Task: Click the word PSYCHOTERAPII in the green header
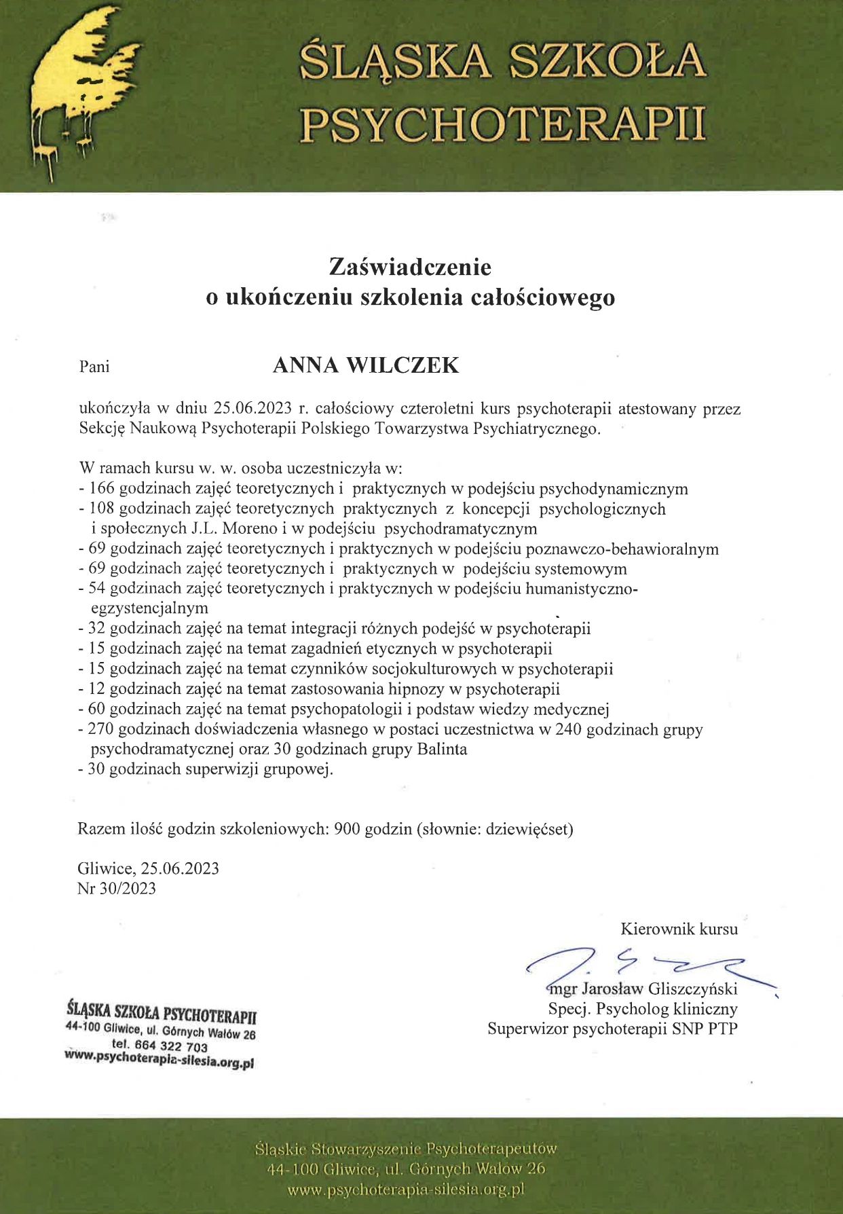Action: pyautogui.click(x=503, y=124)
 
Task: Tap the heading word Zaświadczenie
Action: pyautogui.click(x=410, y=267)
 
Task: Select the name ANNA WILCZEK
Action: pyautogui.click(x=366, y=365)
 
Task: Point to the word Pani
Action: pyautogui.click(x=94, y=367)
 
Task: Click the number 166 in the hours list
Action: pyautogui.click(x=102, y=489)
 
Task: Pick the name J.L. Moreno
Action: pyautogui.click(x=234, y=528)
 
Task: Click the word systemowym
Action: pyautogui.click(x=578, y=569)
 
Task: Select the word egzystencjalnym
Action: pyautogui.click(x=149, y=608)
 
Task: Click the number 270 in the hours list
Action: pyautogui.click(x=102, y=730)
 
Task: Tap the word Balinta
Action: pyautogui.click(x=442, y=750)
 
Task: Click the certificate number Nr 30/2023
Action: pyautogui.click(x=117, y=889)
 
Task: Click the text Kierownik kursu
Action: pyautogui.click(x=679, y=929)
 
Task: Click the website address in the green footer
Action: pyautogui.click(x=406, y=1190)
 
